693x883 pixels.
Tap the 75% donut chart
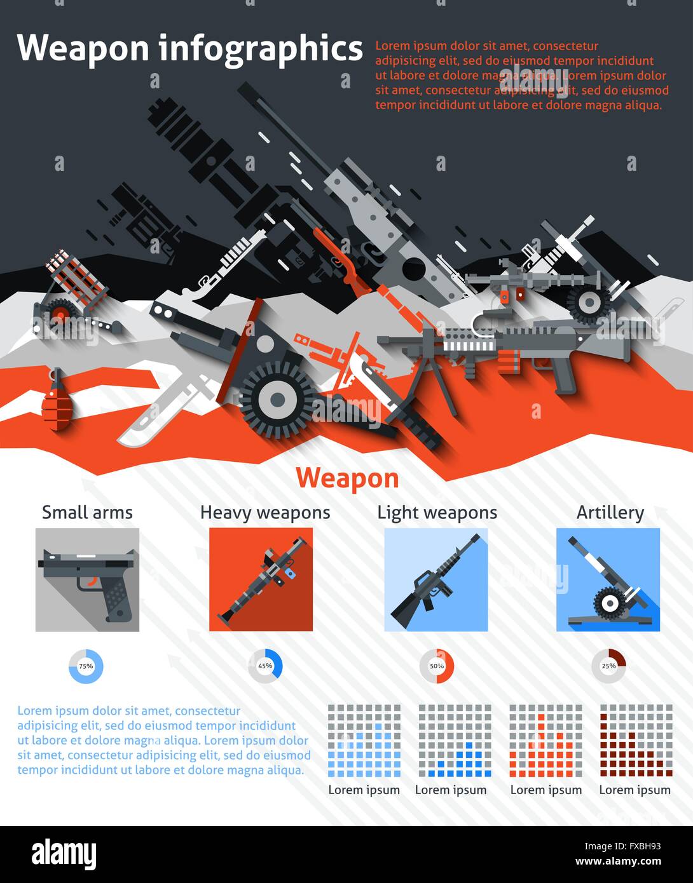[x=86, y=666]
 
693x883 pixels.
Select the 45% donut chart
[x=265, y=666]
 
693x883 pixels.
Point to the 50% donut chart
[x=437, y=666]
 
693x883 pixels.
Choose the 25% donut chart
[x=608, y=666]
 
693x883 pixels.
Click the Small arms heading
[x=87, y=513]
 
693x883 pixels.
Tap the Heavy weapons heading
[x=265, y=513]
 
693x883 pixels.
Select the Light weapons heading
[x=437, y=513]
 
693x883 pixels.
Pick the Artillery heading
[x=610, y=513]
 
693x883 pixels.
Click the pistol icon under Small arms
[x=87, y=580]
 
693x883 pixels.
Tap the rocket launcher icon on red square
[x=261, y=580]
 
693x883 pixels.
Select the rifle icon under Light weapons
[x=436, y=580]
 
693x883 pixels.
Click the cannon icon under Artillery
[x=608, y=580]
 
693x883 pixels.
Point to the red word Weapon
[x=347, y=478]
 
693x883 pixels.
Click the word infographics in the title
[x=260, y=48]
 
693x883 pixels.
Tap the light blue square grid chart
[x=364, y=740]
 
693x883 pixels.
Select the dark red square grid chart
[x=636, y=740]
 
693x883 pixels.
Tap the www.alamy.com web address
[x=618, y=862]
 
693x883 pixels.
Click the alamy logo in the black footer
[x=64, y=854]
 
